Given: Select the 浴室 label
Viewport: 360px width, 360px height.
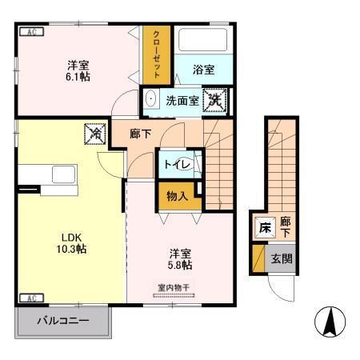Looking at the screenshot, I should (203, 70).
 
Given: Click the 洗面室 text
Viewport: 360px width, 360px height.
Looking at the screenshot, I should (182, 101).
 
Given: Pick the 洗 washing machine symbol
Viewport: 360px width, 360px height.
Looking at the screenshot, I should (214, 100).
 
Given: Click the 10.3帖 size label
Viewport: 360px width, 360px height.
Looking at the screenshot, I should (71, 249).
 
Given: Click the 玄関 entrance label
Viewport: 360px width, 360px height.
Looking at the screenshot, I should (281, 258).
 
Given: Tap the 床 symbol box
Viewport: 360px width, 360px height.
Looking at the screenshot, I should (264, 228).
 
